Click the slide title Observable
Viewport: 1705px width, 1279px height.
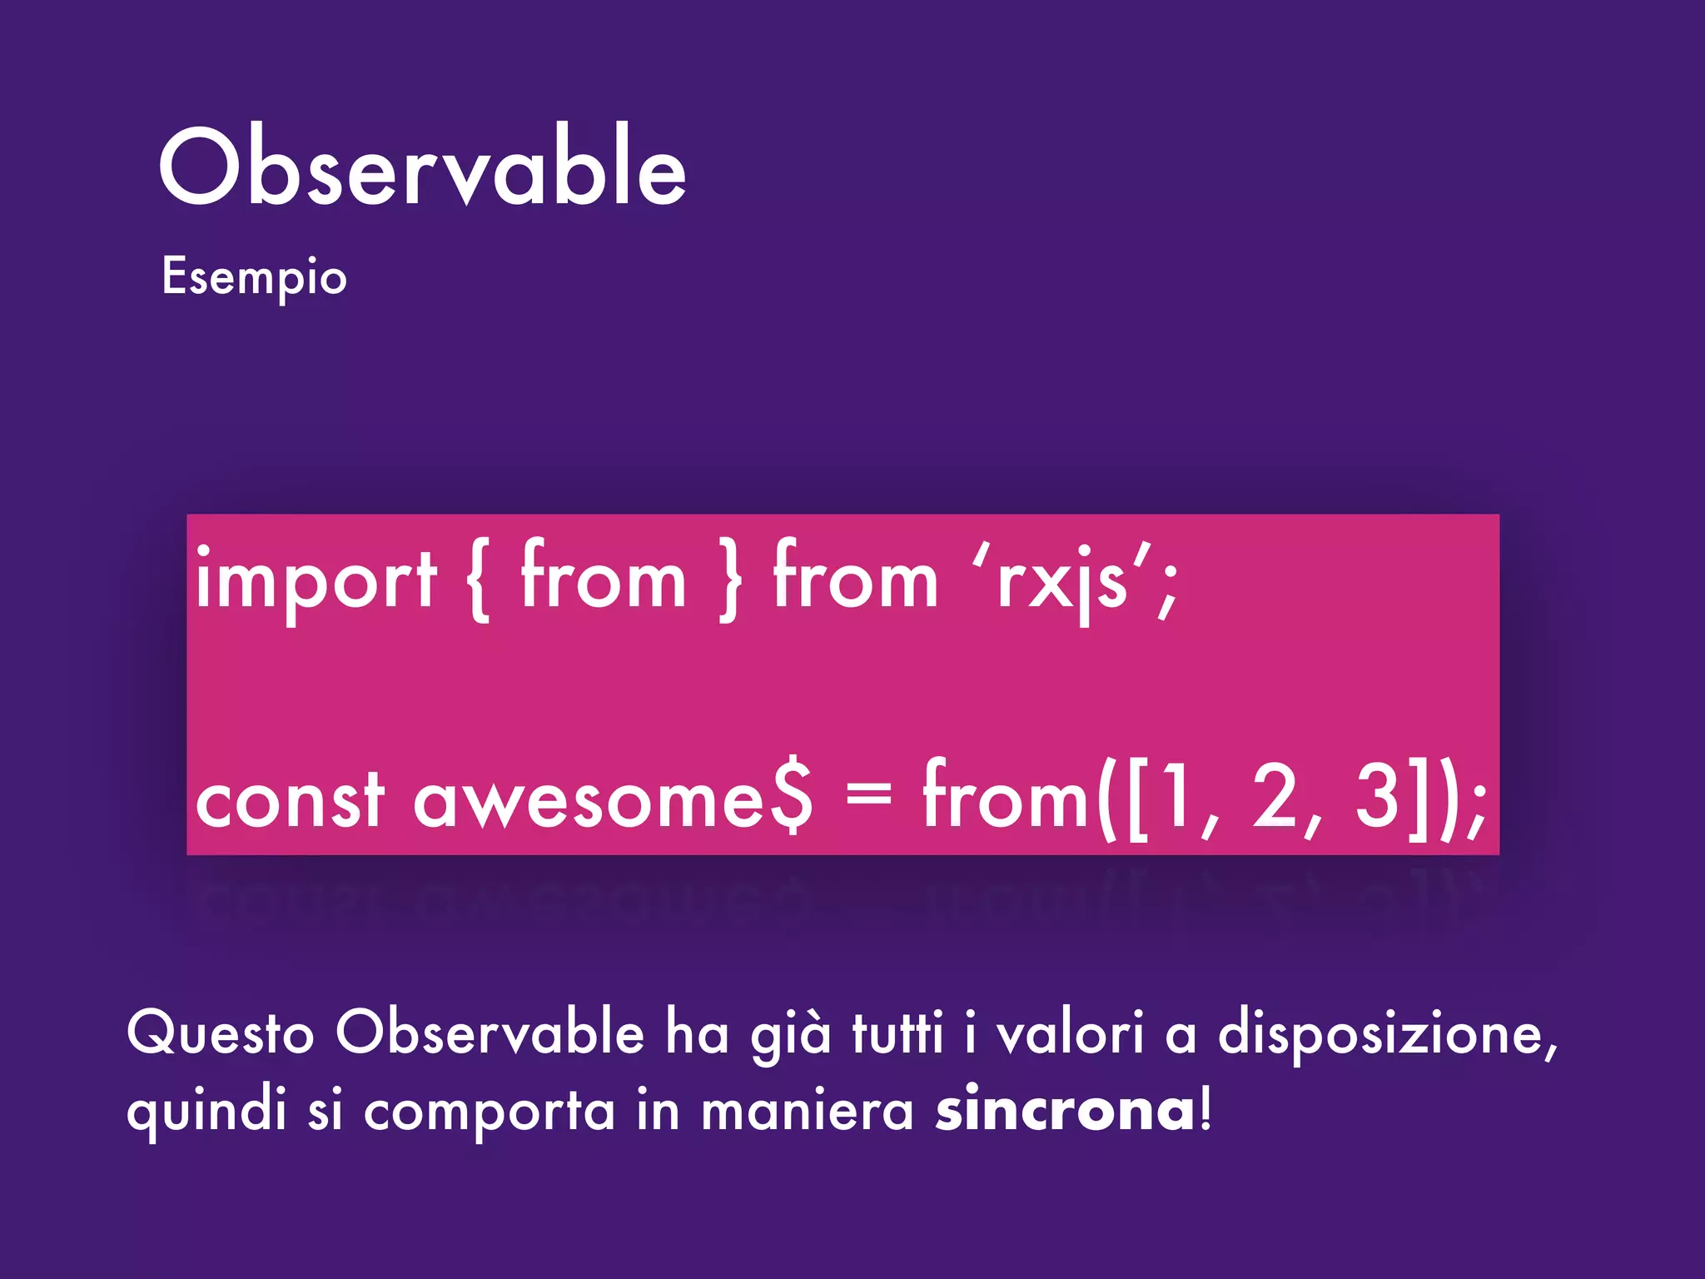point(423,167)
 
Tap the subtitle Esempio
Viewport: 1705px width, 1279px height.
point(254,277)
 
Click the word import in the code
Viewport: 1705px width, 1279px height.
point(316,580)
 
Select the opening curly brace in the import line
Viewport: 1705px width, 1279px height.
point(479,580)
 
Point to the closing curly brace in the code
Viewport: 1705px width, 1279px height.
point(730,580)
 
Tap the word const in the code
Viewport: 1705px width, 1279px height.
point(290,801)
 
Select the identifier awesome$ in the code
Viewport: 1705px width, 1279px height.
point(612,801)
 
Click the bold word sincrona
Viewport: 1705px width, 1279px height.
point(1066,1110)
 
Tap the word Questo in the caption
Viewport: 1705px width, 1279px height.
point(221,1033)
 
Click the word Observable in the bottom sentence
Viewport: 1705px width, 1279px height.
point(490,1033)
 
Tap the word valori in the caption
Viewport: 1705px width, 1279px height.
point(1070,1033)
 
